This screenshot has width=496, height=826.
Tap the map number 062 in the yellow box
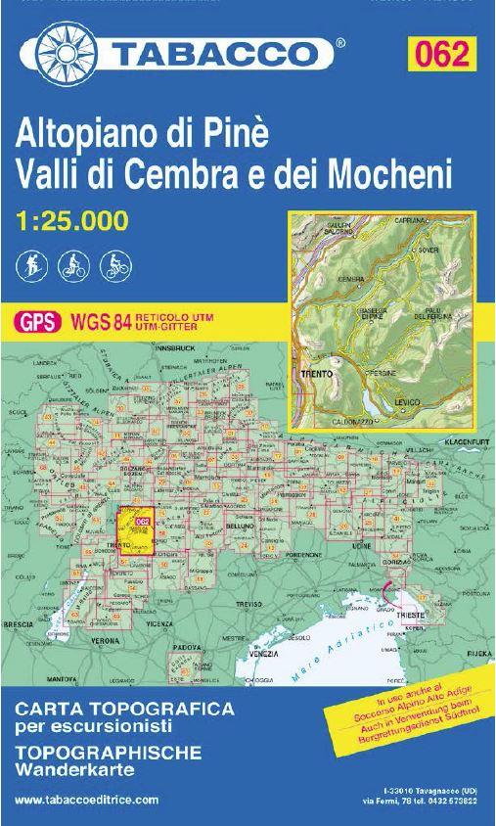[x=439, y=53]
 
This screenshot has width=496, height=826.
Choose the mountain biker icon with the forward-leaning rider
[x=116, y=263]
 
